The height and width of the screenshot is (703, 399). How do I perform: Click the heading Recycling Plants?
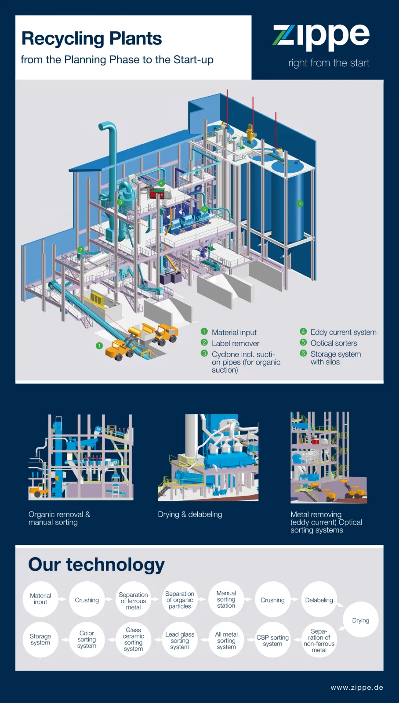point(91,39)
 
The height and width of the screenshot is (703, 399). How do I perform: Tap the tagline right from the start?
point(329,63)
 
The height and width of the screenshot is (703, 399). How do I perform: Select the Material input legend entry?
point(234,333)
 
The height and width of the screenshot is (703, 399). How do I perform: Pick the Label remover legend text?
point(236,344)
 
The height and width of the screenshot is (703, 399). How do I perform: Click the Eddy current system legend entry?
point(343,332)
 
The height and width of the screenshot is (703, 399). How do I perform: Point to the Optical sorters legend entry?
point(334,343)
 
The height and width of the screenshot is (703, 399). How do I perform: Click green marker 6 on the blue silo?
point(300,203)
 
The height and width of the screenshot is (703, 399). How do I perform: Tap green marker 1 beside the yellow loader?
point(99,346)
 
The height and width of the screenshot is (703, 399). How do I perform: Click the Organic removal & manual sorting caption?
point(59,518)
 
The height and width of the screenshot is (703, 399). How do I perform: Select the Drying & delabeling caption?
point(190,515)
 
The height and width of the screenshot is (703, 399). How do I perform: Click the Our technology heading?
point(96,565)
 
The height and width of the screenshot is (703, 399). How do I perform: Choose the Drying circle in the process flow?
point(360,620)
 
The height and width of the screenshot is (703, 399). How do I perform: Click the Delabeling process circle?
point(319,600)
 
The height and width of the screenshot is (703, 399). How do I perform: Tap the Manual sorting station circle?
point(226,599)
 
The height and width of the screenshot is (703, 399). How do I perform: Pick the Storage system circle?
point(40,639)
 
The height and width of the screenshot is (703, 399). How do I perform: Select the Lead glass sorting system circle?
point(180,640)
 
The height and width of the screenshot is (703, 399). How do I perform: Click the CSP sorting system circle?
point(272,640)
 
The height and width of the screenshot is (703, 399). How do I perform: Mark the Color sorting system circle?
point(87,639)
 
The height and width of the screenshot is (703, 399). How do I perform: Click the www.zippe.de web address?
point(357,688)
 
